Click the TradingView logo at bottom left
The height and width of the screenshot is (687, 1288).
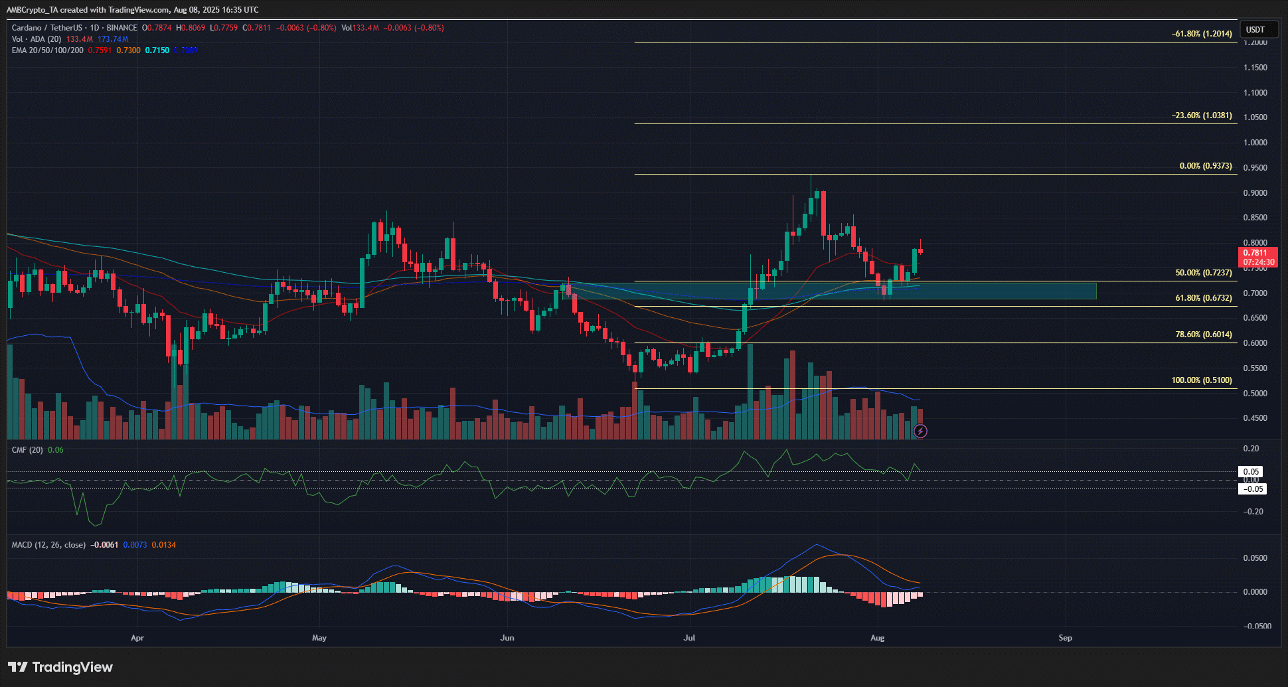click(60, 667)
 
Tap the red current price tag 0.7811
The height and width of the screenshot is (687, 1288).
click(1257, 253)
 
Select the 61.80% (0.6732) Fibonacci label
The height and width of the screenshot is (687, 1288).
click(1203, 298)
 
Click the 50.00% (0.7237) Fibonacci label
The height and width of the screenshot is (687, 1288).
click(1203, 273)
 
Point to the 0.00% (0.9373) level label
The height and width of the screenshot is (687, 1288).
click(1205, 166)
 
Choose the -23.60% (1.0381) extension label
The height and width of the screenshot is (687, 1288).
click(1201, 115)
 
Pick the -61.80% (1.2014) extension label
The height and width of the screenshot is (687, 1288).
click(1201, 34)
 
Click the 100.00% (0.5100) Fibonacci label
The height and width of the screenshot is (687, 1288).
click(1201, 380)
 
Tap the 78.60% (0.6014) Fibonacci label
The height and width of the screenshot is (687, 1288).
click(1203, 335)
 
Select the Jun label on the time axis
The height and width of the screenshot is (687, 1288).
click(507, 638)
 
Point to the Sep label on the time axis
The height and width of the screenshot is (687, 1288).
click(1065, 638)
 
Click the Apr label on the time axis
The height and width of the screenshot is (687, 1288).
click(137, 638)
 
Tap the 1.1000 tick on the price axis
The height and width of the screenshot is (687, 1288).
click(1255, 93)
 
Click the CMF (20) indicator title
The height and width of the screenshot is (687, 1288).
click(27, 450)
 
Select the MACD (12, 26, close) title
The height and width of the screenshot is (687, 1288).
click(48, 545)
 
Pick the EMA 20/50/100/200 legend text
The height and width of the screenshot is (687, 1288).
click(48, 50)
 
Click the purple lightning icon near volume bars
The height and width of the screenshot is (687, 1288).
click(920, 431)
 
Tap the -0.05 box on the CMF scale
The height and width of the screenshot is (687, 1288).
click(1252, 489)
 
